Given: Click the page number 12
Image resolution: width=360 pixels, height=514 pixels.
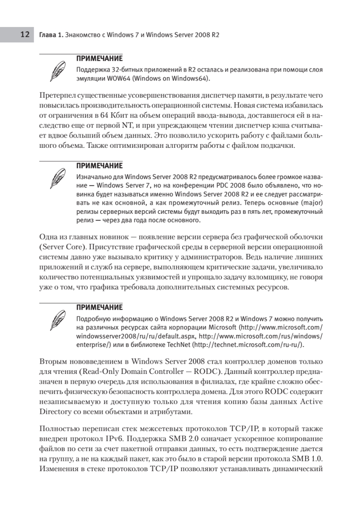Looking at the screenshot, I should [25, 35].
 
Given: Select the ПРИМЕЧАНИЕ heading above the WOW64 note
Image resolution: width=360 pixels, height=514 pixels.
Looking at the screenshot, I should [99, 58].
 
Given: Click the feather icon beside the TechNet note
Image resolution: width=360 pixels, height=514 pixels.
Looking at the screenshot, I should [57, 320].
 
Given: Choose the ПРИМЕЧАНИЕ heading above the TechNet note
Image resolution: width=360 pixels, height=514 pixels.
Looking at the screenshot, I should [99, 308].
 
